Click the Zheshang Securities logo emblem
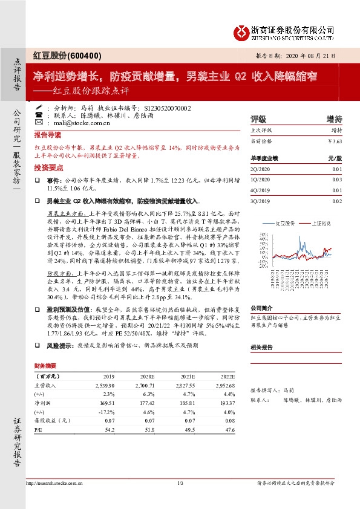tap(241, 31)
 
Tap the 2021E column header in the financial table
tap(186, 375)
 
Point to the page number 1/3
tap(180, 482)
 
